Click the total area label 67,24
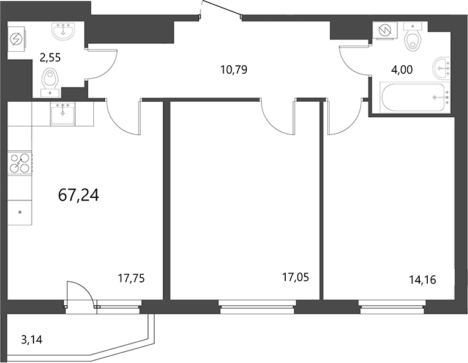pos(79,195)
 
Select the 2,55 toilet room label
pos(50,58)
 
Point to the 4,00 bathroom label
pos(402,69)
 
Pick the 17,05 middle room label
pos(295,278)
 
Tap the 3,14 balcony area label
pos(32,339)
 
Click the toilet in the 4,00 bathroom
pos(414,38)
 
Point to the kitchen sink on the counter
pos(63,112)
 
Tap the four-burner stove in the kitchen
pos(19,164)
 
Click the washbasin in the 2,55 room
pos(63,31)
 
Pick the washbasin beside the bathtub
pos(441,68)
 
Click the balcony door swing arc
pos(82,294)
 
